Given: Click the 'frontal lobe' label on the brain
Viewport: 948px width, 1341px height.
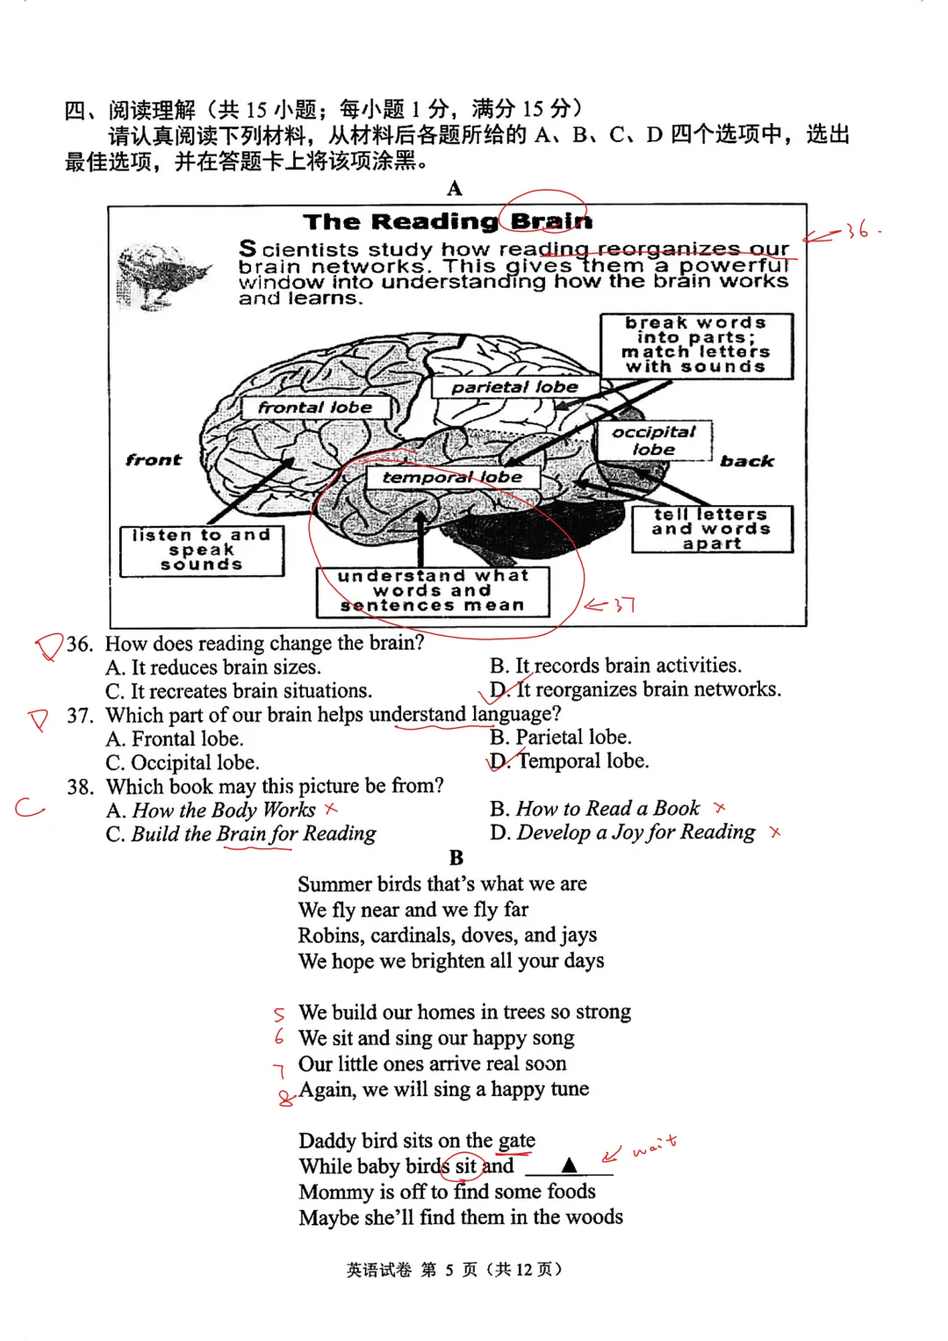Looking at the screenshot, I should coord(314,407).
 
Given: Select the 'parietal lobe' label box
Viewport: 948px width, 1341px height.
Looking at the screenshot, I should coord(514,387).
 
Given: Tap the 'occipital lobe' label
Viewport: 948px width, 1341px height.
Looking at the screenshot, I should coord(653,441).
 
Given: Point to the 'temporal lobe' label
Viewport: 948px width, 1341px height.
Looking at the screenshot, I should coord(452,477).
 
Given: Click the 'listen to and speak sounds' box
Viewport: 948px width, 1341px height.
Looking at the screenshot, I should coord(202,551).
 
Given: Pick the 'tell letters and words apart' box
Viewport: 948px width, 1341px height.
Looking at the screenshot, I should coord(711,529).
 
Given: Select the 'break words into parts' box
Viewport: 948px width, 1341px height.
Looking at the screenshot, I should coord(696,345).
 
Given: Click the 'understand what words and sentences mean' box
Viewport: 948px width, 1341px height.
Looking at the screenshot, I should coord(433,591).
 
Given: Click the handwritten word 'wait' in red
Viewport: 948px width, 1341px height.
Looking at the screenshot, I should coord(654,1145).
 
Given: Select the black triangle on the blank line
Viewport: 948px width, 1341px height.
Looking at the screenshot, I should coord(569,1165).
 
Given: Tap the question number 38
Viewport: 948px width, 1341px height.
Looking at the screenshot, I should coord(80,787).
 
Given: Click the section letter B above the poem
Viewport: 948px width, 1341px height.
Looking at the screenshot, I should coord(456,857).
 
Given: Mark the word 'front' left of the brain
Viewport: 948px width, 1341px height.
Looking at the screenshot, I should coord(154,460).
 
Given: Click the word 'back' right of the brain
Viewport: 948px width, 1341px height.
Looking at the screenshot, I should coord(747,461).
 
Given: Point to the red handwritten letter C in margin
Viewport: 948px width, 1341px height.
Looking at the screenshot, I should coord(29,807).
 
